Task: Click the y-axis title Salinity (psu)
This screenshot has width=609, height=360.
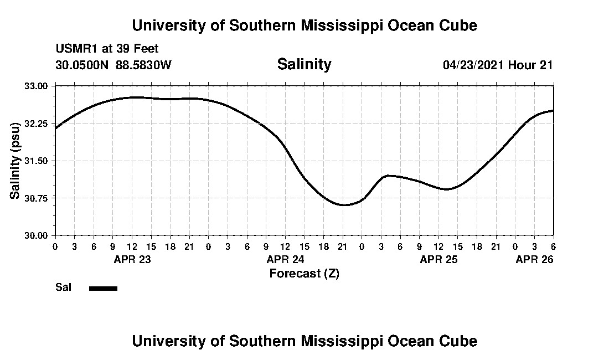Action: click(15, 161)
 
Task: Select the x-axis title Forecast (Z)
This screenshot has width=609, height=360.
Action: click(304, 274)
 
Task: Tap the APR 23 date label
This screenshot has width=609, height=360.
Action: click(132, 259)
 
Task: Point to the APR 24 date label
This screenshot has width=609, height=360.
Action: click(286, 259)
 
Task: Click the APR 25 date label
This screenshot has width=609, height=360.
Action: click(439, 259)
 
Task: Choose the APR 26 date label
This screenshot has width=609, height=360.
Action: click(535, 259)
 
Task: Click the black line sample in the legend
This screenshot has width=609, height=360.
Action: click(103, 288)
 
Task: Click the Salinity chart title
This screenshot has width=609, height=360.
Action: click(304, 64)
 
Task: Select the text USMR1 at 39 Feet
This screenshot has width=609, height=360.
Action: click(107, 49)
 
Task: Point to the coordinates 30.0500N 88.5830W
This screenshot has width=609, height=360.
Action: click(113, 65)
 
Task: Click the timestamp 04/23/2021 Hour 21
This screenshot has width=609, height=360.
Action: click(498, 65)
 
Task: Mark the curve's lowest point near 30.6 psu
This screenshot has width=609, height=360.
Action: click(344, 205)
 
